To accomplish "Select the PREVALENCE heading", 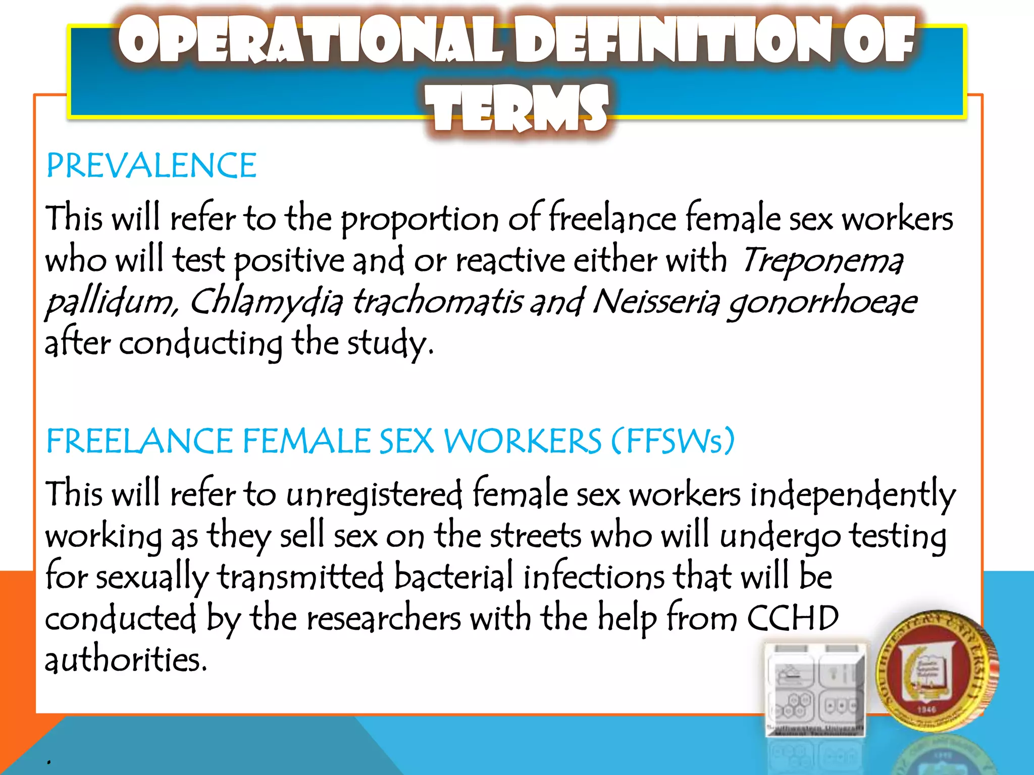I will [151, 166].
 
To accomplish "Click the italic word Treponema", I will [822, 261].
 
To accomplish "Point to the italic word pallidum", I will [111, 303].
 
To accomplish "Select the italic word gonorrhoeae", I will [822, 303].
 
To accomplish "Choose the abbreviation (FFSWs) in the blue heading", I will [673, 441].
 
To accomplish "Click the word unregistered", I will [374, 495].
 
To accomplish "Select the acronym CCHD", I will [792, 618].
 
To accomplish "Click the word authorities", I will [126, 659].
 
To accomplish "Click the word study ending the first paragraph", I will [389, 344].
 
